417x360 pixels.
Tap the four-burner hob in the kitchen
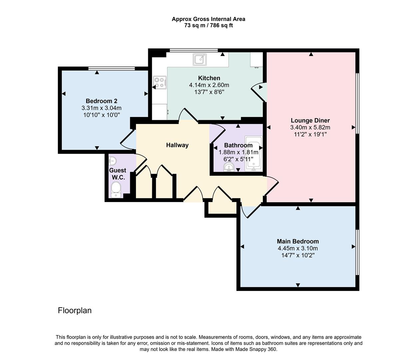pyautogui.click(x=160, y=82)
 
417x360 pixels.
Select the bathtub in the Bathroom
pyautogui.click(x=254, y=153)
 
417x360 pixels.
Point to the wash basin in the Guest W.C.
pyautogui.click(x=113, y=161)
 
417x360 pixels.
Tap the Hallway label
pyautogui.click(x=177, y=145)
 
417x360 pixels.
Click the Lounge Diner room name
pyautogui.click(x=310, y=120)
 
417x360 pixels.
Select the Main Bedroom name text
pyautogui.click(x=297, y=241)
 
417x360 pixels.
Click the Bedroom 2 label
pyautogui.click(x=101, y=101)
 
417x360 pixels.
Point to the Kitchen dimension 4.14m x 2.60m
pyautogui.click(x=209, y=85)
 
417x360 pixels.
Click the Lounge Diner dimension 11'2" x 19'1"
pyautogui.click(x=310, y=134)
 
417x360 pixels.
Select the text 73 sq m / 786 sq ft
pyautogui.click(x=209, y=25)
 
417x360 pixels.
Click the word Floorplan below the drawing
pyautogui.click(x=75, y=310)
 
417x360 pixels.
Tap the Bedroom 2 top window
pyautogui.click(x=112, y=68)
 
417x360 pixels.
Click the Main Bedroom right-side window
pyautogui.click(x=357, y=252)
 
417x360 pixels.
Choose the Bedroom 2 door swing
pyautogui.click(x=128, y=140)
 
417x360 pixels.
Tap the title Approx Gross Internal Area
pyautogui.click(x=209, y=19)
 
